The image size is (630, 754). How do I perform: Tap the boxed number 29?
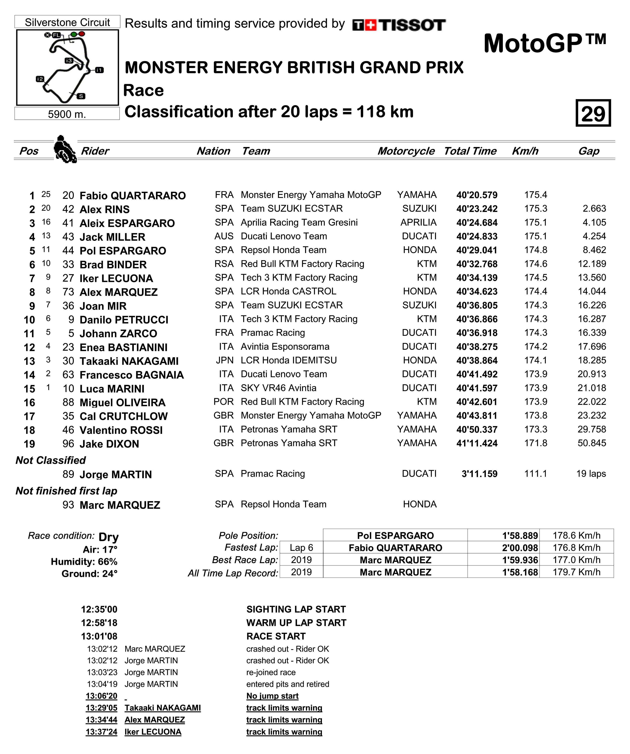click(593, 113)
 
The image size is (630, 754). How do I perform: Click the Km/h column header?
click(525, 151)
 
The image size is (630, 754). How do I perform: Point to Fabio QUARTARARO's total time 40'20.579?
click(477, 195)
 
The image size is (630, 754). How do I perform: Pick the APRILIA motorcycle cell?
click(418, 223)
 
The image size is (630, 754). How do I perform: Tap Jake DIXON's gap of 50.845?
click(592, 443)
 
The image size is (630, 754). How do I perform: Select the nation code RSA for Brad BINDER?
click(224, 264)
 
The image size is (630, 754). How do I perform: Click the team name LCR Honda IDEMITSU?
click(289, 360)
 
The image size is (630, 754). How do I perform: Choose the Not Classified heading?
click(51, 460)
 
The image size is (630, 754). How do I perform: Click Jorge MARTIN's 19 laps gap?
click(591, 474)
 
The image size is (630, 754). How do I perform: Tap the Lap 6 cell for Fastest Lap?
click(301, 548)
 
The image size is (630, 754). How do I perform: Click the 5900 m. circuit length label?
click(67, 114)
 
